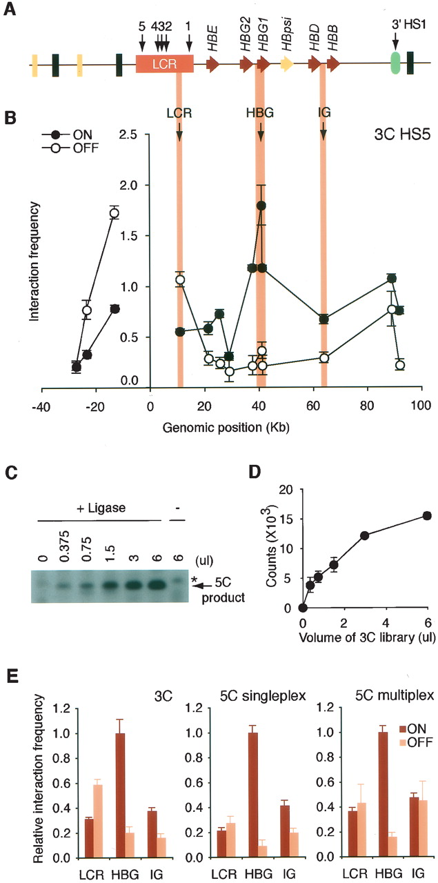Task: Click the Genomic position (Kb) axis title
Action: coord(226,427)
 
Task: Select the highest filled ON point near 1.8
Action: coord(261,206)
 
